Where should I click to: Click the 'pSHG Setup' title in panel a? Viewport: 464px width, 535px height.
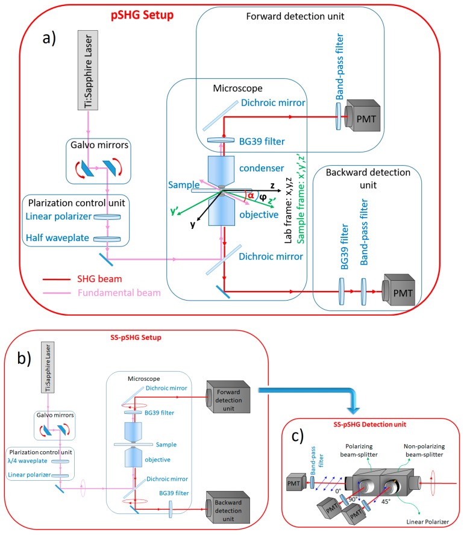[x=142, y=15]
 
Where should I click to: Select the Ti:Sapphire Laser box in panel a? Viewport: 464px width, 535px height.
[x=88, y=70]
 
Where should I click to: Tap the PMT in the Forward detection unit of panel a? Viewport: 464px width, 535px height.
[x=362, y=116]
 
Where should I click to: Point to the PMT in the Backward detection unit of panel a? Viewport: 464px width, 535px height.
[x=399, y=290]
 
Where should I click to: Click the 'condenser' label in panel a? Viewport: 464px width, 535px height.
[x=262, y=168]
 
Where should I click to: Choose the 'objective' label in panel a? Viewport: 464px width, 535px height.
[x=259, y=214]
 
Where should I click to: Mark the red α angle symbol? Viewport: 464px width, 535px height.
[x=251, y=196]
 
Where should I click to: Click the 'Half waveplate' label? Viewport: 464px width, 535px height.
[x=57, y=238]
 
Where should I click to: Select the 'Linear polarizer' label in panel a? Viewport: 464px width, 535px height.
[x=58, y=216]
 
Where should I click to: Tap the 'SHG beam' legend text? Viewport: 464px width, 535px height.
[x=99, y=279]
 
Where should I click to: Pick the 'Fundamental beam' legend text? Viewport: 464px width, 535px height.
[x=119, y=293]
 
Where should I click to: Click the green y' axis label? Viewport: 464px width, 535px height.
[x=174, y=211]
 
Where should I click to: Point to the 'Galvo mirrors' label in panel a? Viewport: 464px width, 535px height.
[x=99, y=145]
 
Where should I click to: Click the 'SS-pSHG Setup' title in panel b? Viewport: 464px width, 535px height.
[x=136, y=337]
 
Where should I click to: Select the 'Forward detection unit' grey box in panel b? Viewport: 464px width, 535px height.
[x=228, y=397]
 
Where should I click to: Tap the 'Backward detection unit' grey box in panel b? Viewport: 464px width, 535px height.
[x=228, y=507]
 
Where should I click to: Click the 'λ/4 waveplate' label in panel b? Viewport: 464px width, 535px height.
[x=27, y=461]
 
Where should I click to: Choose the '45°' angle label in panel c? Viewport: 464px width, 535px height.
[x=386, y=501]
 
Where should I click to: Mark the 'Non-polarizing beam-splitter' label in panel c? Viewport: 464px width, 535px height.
[x=424, y=451]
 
